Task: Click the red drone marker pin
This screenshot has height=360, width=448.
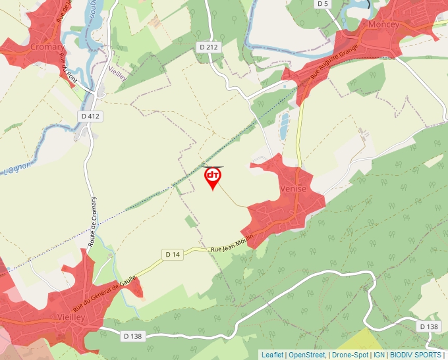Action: (x=213, y=178)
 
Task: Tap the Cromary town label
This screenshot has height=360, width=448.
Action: (x=47, y=47)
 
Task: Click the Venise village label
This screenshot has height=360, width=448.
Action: (x=293, y=188)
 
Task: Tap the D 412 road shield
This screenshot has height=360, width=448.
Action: (x=92, y=116)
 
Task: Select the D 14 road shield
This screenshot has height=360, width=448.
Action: (x=173, y=254)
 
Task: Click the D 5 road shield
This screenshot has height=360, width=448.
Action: (x=322, y=4)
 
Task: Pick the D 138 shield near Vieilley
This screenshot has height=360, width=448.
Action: (x=132, y=336)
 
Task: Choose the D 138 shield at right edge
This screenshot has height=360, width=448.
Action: (x=428, y=326)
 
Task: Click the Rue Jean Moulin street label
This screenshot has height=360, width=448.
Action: (x=231, y=245)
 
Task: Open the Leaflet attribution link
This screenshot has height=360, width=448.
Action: (x=272, y=355)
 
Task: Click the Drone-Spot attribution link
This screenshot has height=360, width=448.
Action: (x=350, y=355)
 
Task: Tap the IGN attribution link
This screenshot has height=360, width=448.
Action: (x=379, y=355)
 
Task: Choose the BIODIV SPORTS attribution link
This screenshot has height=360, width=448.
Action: (x=416, y=355)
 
